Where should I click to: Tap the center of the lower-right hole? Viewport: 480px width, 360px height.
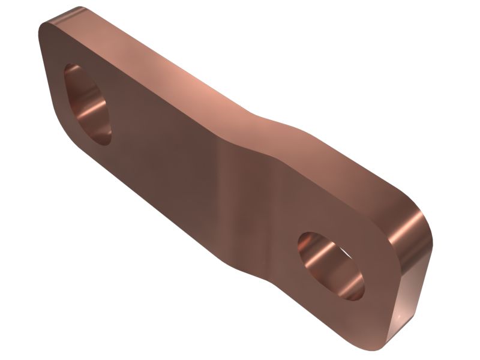pyautogui.click(x=331, y=265)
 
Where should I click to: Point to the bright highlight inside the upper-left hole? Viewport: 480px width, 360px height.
pyautogui.click(x=90, y=111)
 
